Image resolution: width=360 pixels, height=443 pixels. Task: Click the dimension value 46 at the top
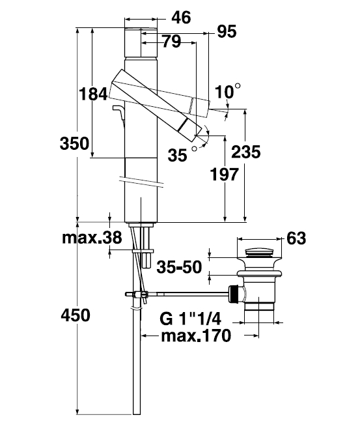tap(181, 18)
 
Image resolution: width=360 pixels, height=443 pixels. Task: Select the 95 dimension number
tap(227, 31)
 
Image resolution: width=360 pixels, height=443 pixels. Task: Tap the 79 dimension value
tap(172, 41)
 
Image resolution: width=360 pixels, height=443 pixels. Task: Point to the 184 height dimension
tap(93, 94)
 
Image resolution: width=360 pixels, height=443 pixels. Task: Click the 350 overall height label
tap(75, 143)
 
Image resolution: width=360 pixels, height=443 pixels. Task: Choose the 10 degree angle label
tap(227, 91)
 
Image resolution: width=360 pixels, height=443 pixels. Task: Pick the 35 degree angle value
tap(182, 154)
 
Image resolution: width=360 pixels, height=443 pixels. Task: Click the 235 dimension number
tap(246, 152)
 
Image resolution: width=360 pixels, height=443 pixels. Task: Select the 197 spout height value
tap(224, 175)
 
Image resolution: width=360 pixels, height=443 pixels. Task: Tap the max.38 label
tap(92, 238)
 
